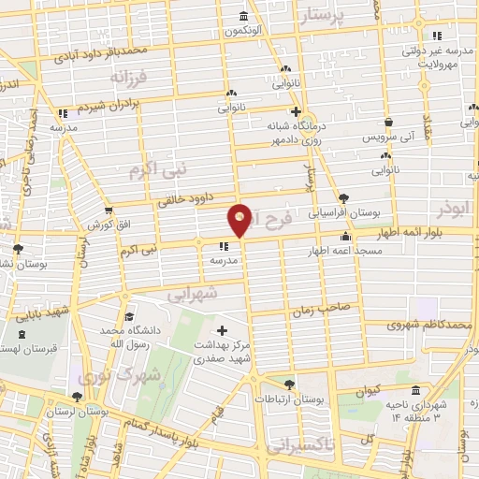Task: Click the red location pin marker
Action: (239, 219)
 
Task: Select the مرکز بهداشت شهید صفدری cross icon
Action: (222, 330)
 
